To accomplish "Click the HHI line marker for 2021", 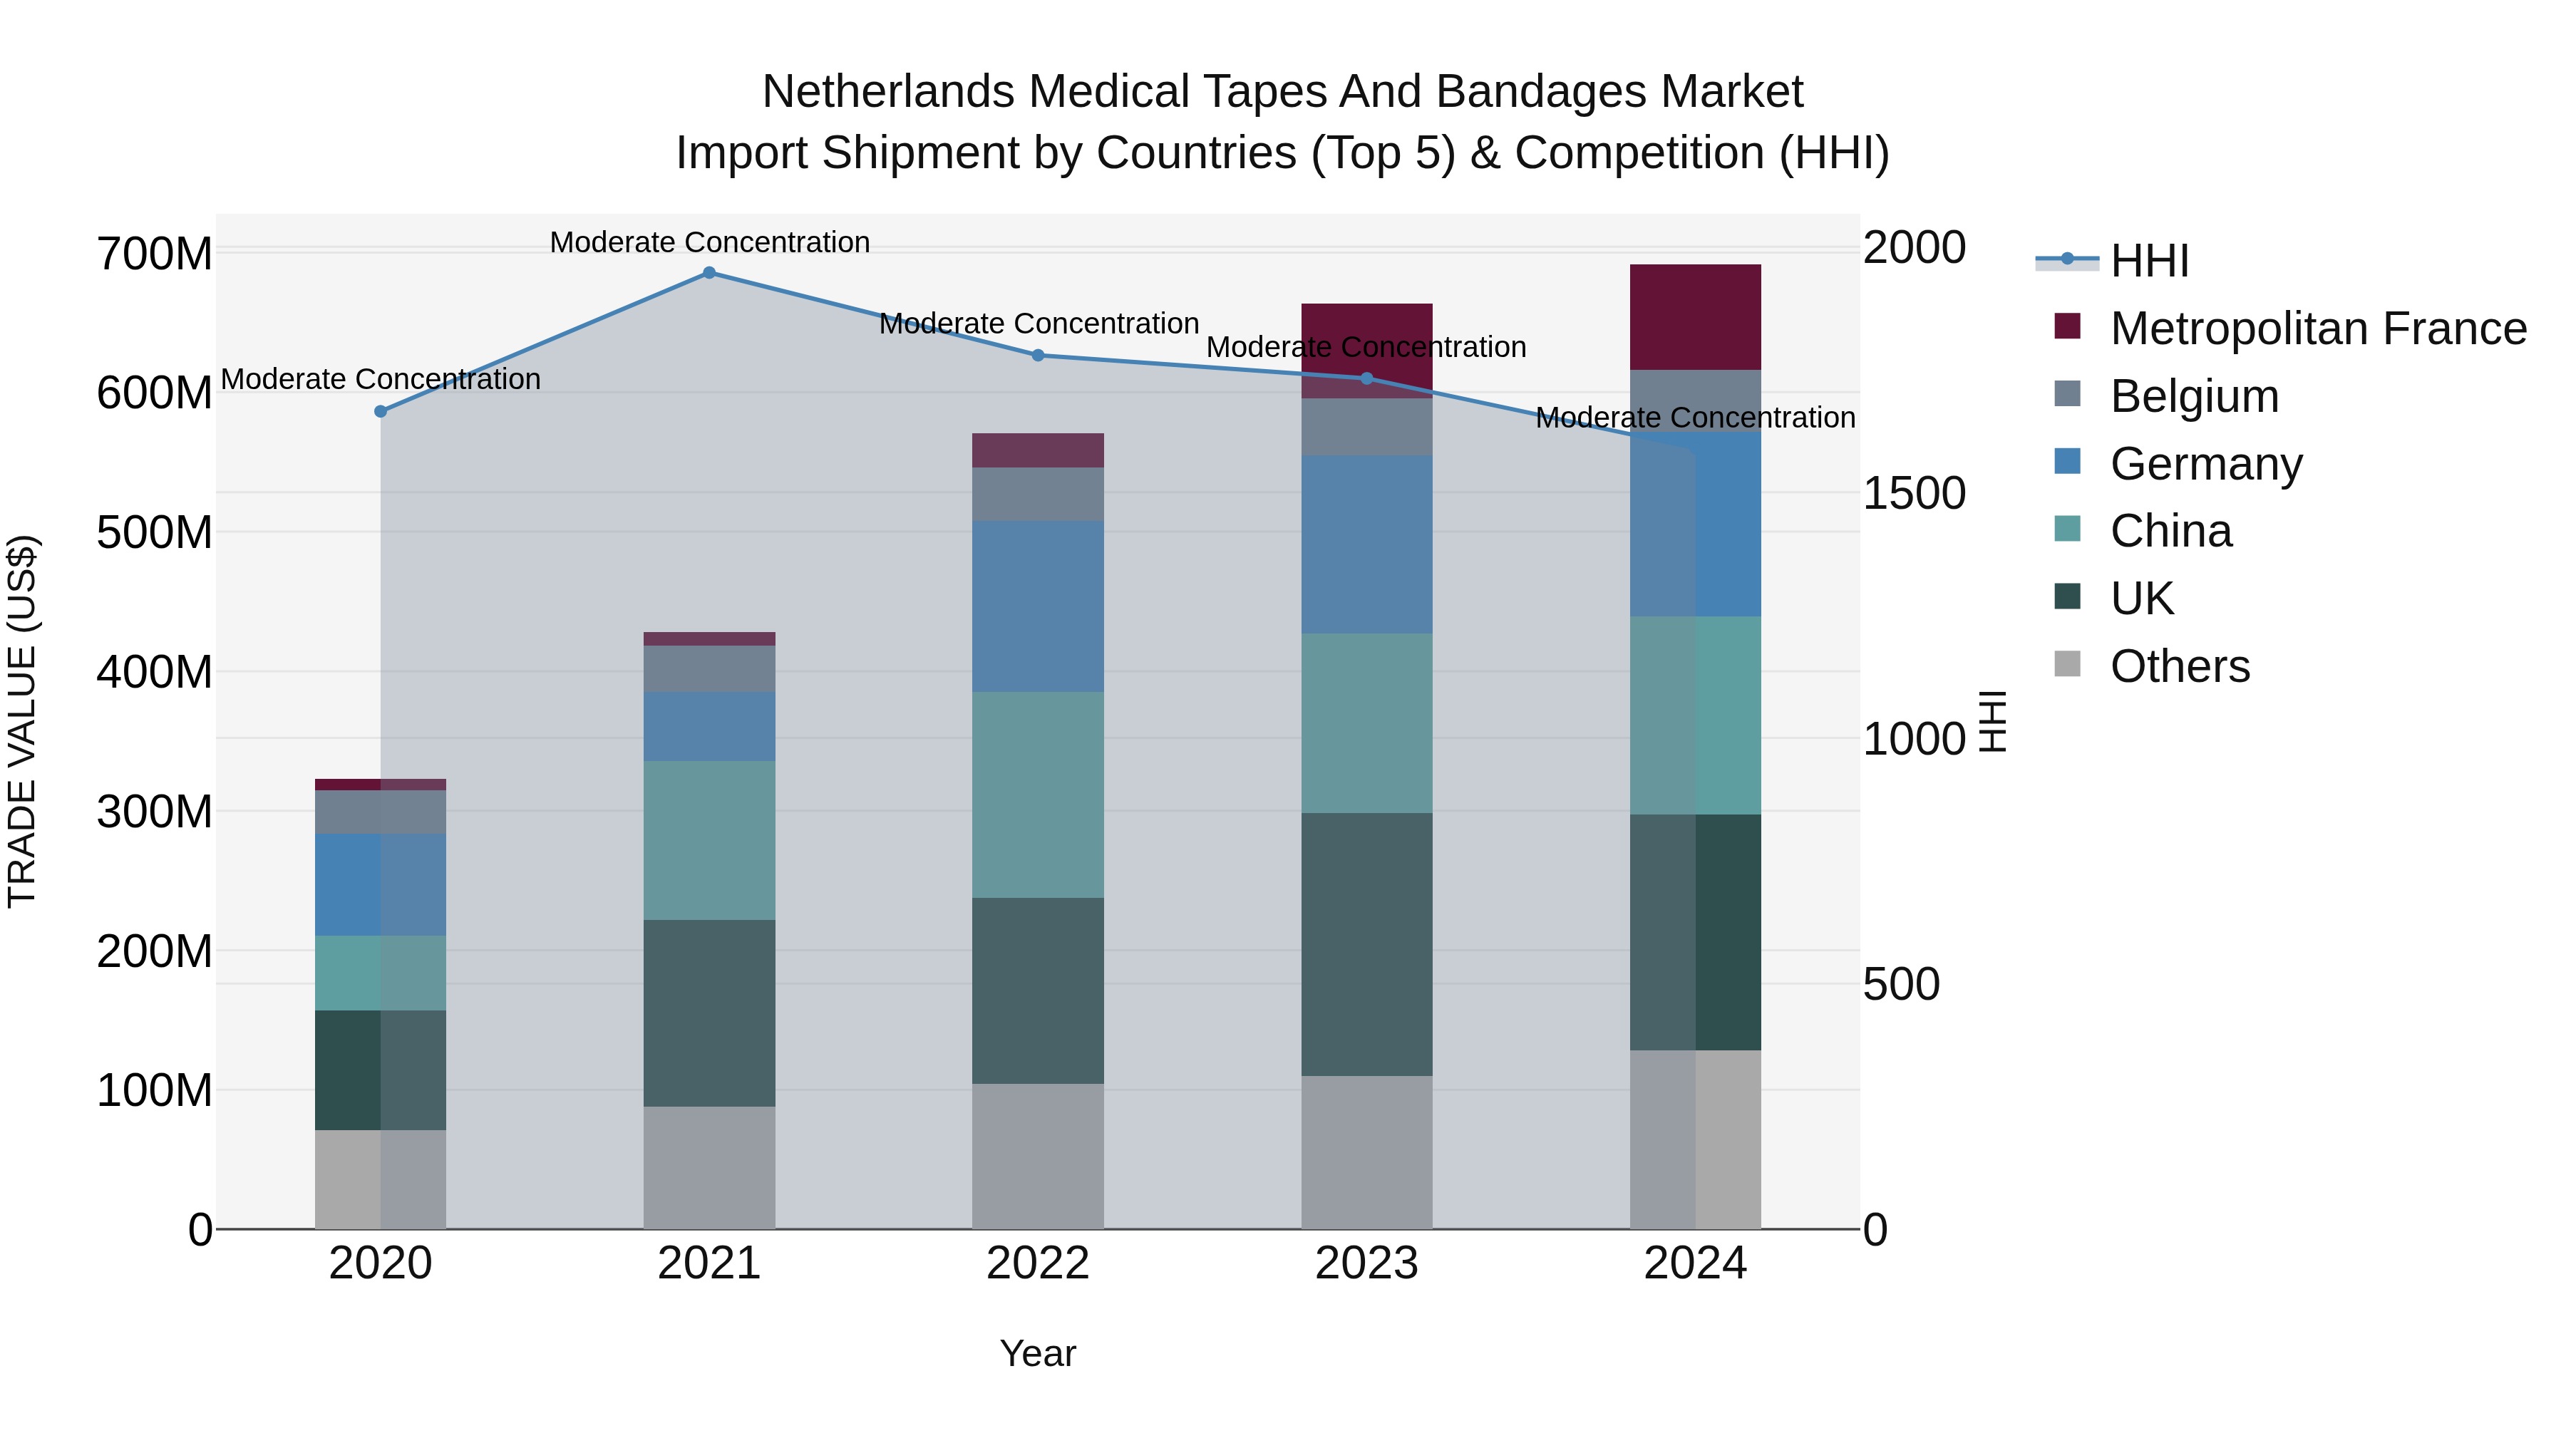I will coord(709,273).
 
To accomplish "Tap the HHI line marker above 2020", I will coord(381,411).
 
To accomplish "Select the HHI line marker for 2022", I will coord(1038,356).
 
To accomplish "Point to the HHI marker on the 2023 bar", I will coord(1366,378).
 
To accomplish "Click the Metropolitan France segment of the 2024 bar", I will coord(1696,316).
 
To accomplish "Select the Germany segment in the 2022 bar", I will coord(1038,606).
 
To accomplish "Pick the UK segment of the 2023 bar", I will coord(1366,944).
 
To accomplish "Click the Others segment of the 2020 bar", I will coord(381,1179).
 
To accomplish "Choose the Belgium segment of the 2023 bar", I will coord(1366,426).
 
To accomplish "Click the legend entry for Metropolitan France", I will coord(2318,329).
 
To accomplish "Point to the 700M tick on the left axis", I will coord(155,253).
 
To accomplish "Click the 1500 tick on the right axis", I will coord(1914,493).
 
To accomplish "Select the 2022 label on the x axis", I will coord(1038,1263).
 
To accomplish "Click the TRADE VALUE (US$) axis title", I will coord(22,721).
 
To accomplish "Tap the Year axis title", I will coord(1038,1353).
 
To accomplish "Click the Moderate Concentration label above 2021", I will coord(709,242).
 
